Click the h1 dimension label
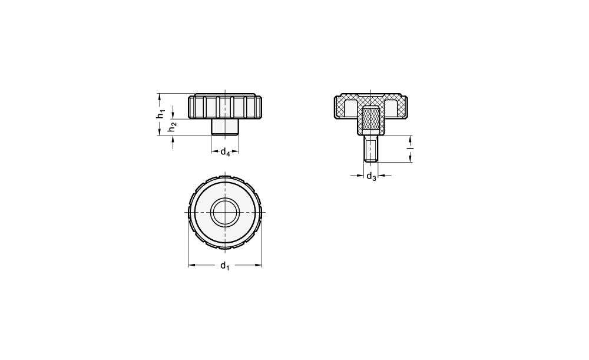[x=161, y=114]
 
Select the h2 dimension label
[x=173, y=127]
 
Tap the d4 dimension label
[x=225, y=152]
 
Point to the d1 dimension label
[x=224, y=266]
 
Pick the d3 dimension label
[x=371, y=176]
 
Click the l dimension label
[x=411, y=148]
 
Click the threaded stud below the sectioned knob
[x=370, y=148]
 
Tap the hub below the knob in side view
[x=224, y=127]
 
